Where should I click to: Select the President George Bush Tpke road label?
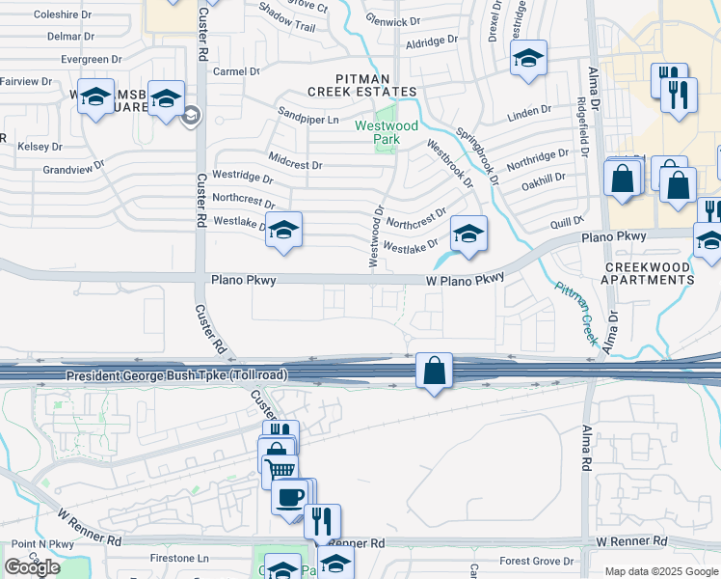coord(175,374)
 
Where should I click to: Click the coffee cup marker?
coord(289,496)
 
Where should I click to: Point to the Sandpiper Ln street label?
coord(308,120)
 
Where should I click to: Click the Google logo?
coord(32,567)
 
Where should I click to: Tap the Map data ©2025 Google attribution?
coord(661,571)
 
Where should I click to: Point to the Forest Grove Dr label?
coord(538,561)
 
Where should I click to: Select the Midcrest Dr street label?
coord(295,164)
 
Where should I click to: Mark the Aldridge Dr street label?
coord(431,42)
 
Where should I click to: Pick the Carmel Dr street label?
coord(237,71)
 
